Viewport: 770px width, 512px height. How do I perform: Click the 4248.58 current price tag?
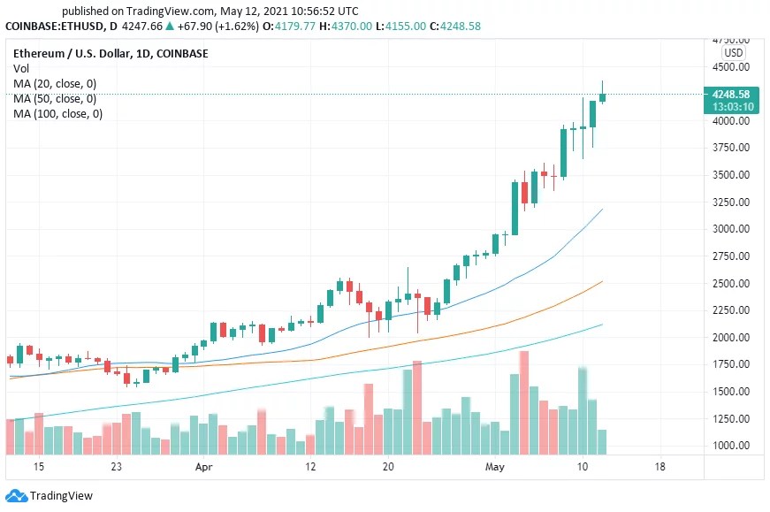[730, 94]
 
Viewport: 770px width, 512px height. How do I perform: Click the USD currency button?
[734, 53]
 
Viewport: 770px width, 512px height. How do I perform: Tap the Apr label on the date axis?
[204, 466]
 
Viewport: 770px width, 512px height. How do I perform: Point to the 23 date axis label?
[116, 466]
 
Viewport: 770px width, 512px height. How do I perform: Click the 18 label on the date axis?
[659, 466]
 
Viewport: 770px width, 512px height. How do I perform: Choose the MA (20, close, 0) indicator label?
[55, 83]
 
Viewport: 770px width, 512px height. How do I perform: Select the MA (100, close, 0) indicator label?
[57, 113]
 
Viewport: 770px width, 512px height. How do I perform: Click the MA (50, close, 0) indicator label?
[55, 98]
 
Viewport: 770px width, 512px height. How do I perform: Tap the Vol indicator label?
[21, 68]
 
